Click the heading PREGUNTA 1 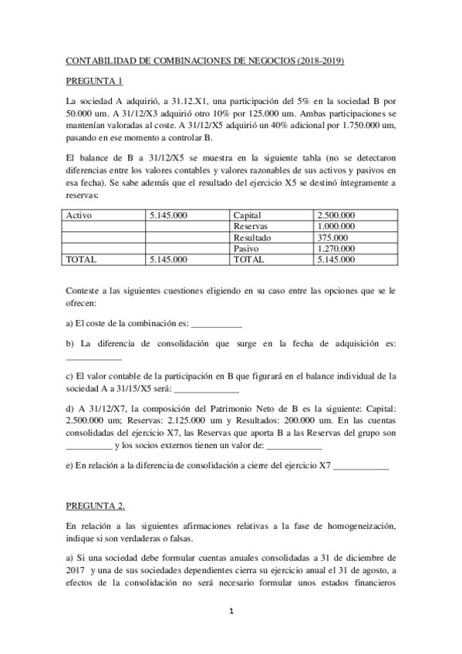pos(94,79)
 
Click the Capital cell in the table pos(248,215)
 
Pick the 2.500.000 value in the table pos(336,215)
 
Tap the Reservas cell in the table pos(250,227)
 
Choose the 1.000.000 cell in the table pos(336,227)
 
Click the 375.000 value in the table pos(331,238)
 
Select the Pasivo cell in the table pos(247,249)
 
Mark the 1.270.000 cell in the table pos(336,249)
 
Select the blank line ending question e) pos(362,467)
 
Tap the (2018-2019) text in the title pos(318,59)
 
